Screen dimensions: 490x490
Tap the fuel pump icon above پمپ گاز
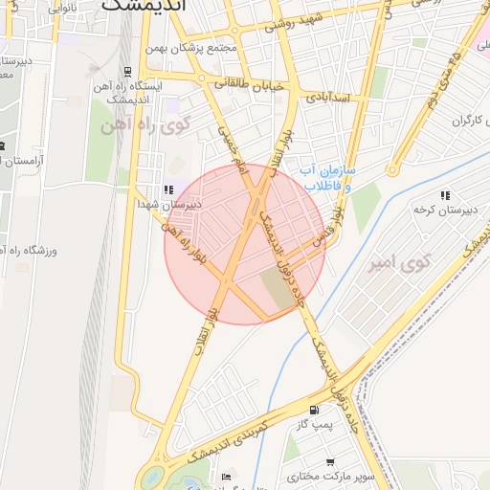click(315, 409)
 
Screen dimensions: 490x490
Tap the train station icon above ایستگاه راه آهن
click(128, 71)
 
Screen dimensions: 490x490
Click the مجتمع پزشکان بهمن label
click(192, 48)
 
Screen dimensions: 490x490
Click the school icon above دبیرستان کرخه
click(446, 195)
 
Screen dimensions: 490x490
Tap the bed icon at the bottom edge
click(227, 477)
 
